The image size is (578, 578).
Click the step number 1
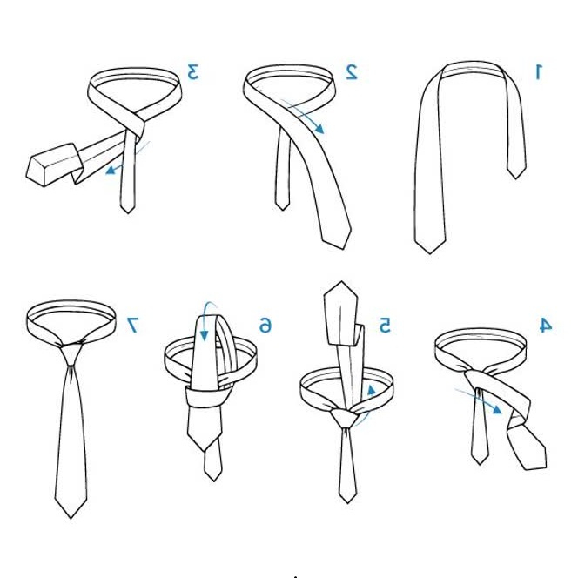539,71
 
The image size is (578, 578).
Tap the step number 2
352,72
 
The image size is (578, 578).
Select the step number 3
193,71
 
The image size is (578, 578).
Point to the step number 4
546,326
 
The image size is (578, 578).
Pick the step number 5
385,326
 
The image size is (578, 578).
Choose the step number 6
265,326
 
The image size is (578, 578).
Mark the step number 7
132,326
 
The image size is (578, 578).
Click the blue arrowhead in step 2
319,128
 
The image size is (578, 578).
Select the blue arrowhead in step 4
497,409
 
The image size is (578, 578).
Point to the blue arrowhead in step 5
372,390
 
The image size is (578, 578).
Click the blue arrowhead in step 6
204,336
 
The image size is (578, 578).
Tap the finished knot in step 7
71,353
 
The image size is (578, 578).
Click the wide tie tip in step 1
430,253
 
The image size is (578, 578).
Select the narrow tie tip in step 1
515,178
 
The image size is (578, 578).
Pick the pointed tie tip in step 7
71,518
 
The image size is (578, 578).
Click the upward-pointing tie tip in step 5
341,282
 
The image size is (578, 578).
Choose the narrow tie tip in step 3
128,212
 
